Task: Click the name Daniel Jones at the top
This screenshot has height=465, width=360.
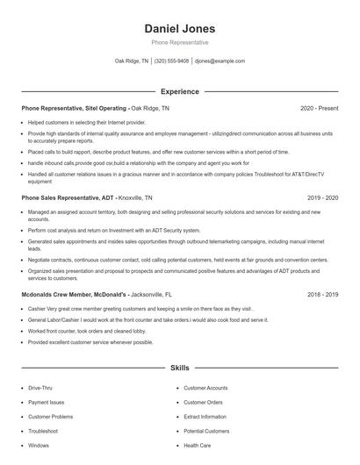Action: click(x=179, y=28)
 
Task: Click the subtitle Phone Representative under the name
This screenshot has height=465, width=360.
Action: click(x=179, y=42)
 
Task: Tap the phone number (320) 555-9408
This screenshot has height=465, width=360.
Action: click(x=171, y=61)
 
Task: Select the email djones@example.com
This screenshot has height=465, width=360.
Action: click(x=220, y=61)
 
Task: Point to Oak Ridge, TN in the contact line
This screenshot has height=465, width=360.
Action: click(x=132, y=61)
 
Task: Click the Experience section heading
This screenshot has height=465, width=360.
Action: click(x=179, y=91)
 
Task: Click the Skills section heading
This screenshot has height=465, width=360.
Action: click(x=179, y=369)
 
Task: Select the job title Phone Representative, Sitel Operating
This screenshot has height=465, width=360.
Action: click(x=75, y=108)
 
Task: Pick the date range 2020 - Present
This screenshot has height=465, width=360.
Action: click(x=319, y=108)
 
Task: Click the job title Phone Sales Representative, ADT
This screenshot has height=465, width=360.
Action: click(x=68, y=198)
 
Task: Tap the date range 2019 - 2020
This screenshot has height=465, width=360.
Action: click(x=322, y=198)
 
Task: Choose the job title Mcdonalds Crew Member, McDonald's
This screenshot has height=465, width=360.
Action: click(x=77, y=296)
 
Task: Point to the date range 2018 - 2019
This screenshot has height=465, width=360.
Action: click(x=322, y=296)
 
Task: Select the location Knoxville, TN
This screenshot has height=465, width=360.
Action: click(x=135, y=198)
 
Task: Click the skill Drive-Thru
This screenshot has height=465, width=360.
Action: click(x=40, y=387)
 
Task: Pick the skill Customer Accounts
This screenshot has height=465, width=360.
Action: click(x=205, y=387)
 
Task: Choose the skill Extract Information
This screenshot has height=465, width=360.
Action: click(x=206, y=417)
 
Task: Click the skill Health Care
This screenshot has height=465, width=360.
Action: click(x=197, y=446)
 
